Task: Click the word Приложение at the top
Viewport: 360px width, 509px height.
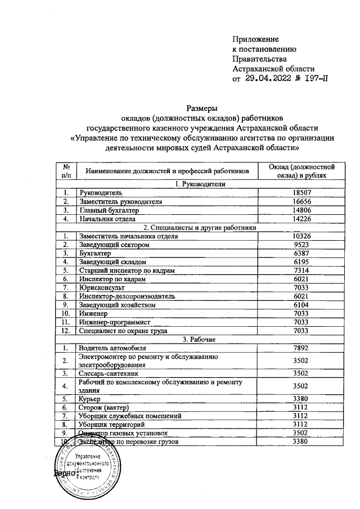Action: click(256, 39)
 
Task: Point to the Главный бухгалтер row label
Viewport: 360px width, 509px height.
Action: click(109, 210)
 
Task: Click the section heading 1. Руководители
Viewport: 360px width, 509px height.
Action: click(200, 184)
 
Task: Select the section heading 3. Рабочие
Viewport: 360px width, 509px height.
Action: click(200, 339)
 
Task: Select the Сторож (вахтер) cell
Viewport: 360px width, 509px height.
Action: click(105, 407)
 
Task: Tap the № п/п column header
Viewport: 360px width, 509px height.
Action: click(66, 172)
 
